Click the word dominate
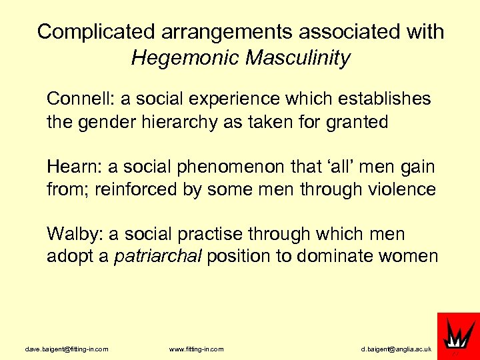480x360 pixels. pos(340,257)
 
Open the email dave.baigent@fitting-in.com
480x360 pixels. pos(67,349)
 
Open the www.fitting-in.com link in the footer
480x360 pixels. pos(197,349)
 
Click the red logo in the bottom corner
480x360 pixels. pos(457,335)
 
